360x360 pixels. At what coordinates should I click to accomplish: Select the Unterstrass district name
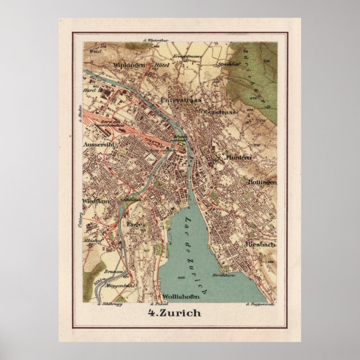(x=181, y=100)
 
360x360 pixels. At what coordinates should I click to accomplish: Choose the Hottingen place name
(x=262, y=182)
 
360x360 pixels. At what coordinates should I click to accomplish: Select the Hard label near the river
(x=89, y=89)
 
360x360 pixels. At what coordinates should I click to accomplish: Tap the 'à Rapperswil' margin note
(x=258, y=305)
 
